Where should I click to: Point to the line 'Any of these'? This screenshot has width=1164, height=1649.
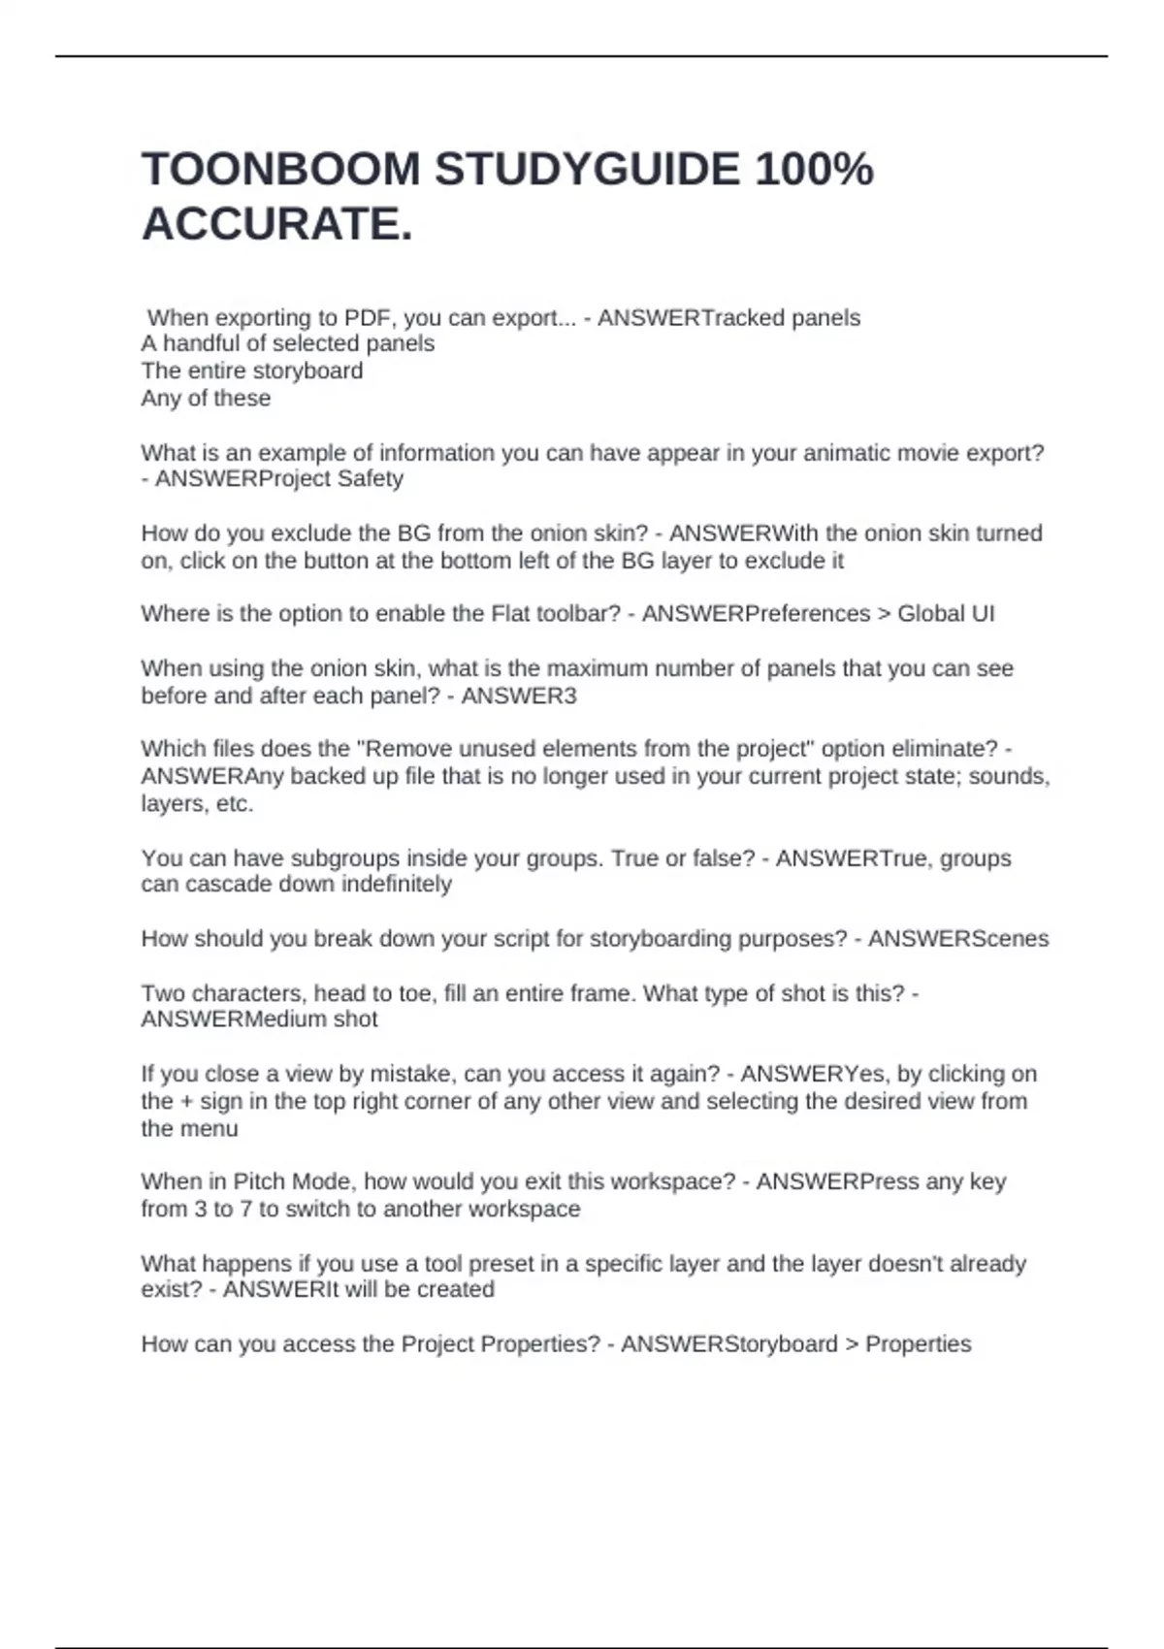[206, 399]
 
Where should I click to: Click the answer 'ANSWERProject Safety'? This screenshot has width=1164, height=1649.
[279, 479]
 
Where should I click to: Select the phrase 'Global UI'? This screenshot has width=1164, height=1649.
[946, 614]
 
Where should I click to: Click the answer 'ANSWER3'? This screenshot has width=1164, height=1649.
[519, 696]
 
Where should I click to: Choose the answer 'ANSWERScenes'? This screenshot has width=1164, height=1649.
[958, 939]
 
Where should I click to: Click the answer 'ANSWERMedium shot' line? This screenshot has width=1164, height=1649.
[260, 1019]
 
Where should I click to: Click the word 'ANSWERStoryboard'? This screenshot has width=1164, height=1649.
[729, 1344]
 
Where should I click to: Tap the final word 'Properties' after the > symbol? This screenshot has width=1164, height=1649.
[918, 1344]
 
